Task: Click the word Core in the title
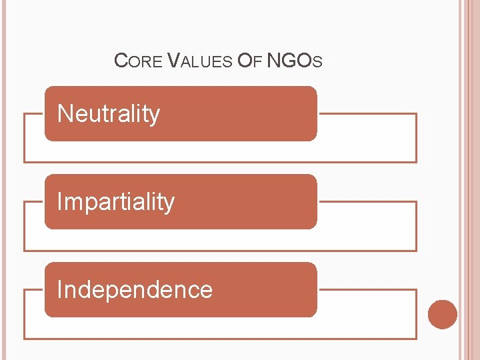point(138,62)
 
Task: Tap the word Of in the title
point(250,62)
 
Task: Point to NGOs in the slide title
point(294,62)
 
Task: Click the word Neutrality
point(109,114)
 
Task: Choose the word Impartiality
point(116,202)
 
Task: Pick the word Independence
point(135,290)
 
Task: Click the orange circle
point(443,314)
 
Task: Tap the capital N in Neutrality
point(65,114)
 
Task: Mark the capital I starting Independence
point(60,290)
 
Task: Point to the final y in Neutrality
point(155,117)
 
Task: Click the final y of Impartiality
point(169,205)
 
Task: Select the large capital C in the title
point(121,61)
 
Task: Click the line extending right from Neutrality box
point(367,114)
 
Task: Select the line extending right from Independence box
point(367,290)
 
